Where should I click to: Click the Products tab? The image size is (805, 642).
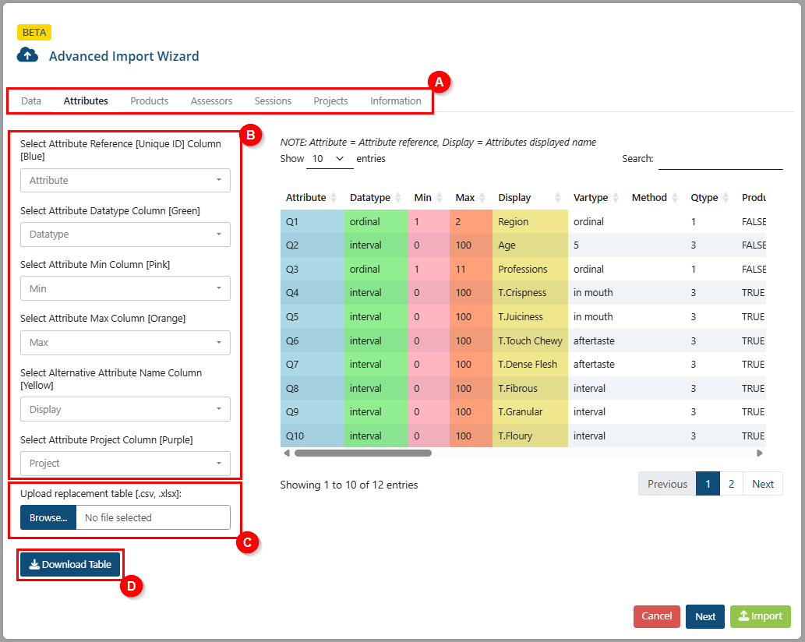[149, 101]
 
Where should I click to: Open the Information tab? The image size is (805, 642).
[395, 101]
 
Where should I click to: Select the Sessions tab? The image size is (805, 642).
[273, 101]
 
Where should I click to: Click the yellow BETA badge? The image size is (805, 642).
[34, 32]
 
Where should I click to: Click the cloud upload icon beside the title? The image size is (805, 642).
[27, 55]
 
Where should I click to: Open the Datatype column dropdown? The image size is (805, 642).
[125, 235]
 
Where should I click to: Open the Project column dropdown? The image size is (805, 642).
[125, 464]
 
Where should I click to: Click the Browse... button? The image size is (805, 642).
[48, 518]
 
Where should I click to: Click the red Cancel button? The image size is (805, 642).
[657, 616]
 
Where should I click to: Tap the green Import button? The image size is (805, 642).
[761, 616]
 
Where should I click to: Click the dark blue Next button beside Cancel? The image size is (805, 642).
[705, 616]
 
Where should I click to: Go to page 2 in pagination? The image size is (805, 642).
[731, 484]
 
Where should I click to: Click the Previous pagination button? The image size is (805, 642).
[667, 484]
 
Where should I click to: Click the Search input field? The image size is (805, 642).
[720, 160]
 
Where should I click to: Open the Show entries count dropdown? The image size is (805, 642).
[330, 159]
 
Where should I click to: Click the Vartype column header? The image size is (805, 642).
[591, 198]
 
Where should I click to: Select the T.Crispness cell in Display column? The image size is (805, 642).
[522, 293]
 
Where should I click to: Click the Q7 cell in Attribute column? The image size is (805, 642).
[292, 365]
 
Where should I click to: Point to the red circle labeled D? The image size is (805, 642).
[132, 586]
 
